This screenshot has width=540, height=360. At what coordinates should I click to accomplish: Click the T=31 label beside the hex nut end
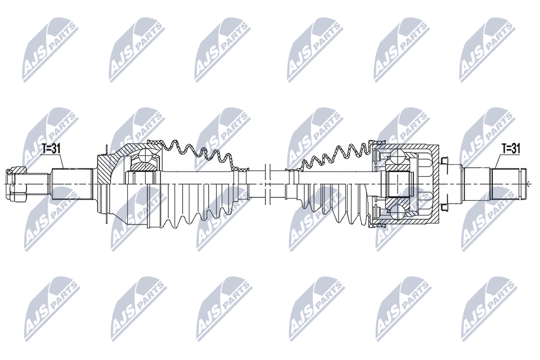pos(51,149)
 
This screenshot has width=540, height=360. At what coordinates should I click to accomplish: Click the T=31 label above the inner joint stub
pos(510,149)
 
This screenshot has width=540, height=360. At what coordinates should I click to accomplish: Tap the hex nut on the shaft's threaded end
pos(16,184)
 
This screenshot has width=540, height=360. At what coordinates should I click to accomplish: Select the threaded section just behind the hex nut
pos(37,184)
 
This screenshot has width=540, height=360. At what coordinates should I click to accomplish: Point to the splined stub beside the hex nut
pos(73,184)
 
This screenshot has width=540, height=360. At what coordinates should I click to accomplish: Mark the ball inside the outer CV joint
pos(145,157)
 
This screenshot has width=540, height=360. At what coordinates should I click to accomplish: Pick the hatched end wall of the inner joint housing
pos(436,184)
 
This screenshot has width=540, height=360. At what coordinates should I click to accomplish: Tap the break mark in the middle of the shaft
pos(268,184)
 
